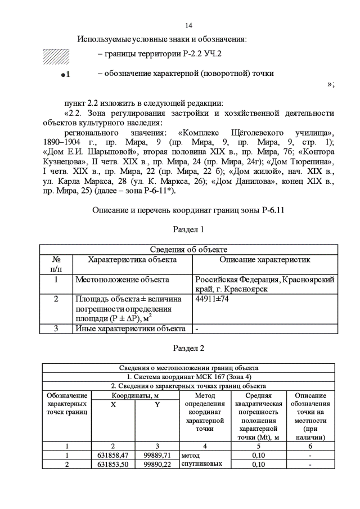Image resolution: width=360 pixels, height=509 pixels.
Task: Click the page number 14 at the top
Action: [188, 26]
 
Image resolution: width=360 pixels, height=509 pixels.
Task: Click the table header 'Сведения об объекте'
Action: [188, 249]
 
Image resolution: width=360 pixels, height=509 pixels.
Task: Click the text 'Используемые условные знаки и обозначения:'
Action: [163, 40]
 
